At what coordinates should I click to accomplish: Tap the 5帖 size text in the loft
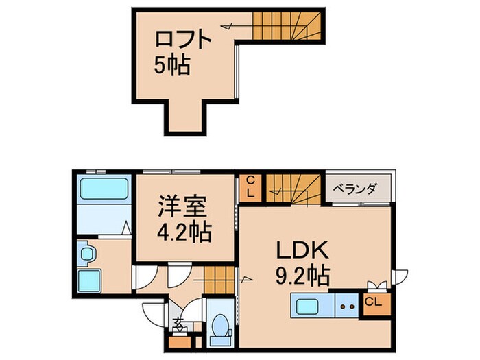point(171,67)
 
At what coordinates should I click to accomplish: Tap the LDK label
point(304,250)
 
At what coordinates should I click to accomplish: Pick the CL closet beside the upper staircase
point(251,186)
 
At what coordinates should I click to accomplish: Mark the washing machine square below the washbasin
point(89,281)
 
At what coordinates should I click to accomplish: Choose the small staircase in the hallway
point(218,278)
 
